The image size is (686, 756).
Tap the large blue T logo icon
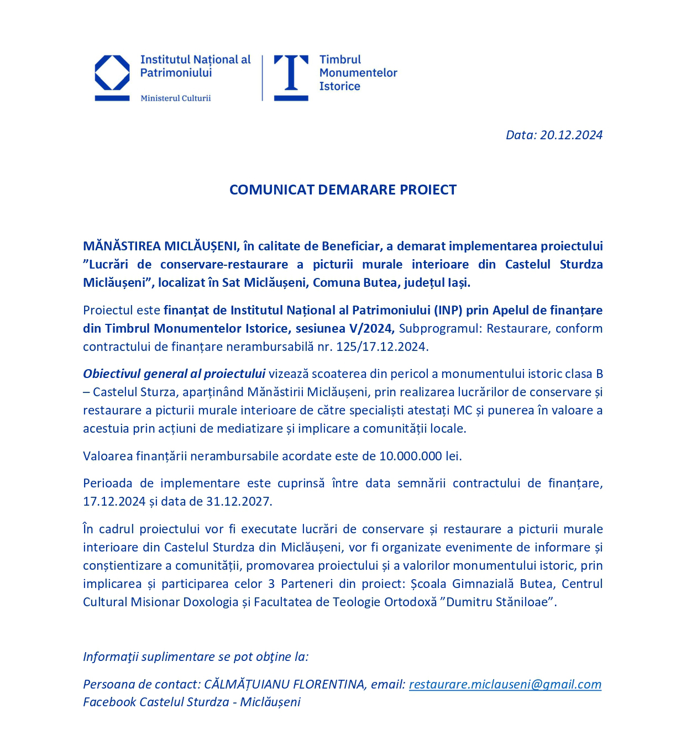click(x=291, y=77)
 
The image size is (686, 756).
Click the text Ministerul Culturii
click(x=175, y=98)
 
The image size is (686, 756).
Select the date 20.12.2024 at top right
click(x=571, y=135)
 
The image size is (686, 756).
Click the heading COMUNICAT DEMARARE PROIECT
click(x=343, y=190)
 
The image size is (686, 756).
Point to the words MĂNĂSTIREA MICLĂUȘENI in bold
click(x=160, y=246)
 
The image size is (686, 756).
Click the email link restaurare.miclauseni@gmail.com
click(x=505, y=684)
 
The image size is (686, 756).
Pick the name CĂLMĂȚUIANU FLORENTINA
click(x=284, y=684)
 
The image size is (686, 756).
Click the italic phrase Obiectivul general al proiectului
click(x=174, y=374)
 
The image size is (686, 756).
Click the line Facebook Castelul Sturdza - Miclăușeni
click(x=192, y=702)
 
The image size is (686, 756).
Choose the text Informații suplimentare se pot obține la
click(x=196, y=657)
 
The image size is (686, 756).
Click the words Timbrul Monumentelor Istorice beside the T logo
click(x=358, y=73)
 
